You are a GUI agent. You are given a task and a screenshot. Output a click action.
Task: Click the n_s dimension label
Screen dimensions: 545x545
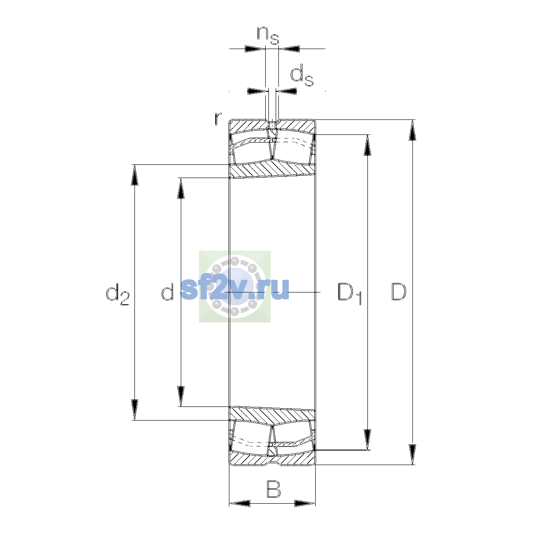(x=268, y=35)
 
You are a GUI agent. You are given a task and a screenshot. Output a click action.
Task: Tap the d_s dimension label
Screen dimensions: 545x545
(x=302, y=75)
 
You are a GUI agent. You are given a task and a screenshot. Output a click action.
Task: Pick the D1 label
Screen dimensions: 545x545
(x=350, y=294)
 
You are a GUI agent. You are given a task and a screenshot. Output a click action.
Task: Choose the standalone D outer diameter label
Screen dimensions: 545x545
(x=398, y=292)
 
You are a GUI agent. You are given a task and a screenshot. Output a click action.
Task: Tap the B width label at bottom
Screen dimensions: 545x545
(x=273, y=489)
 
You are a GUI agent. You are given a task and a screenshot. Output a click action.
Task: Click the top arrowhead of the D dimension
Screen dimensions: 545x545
(x=412, y=130)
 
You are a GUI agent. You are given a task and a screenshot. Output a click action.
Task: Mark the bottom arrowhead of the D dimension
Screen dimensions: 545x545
(x=412, y=454)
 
